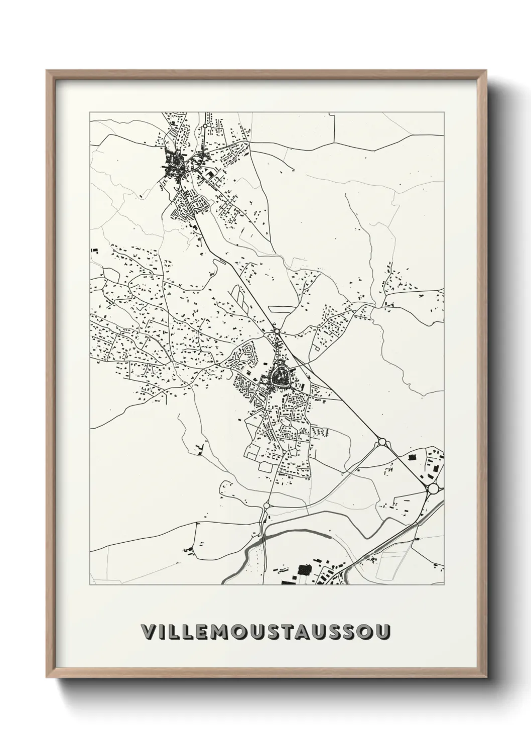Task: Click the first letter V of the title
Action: pyautogui.click(x=148, y=633)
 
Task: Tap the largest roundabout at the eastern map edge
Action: pyautogui.click(x=433, y=488)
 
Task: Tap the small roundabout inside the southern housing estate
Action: pyautogui.click(x=285, y=452)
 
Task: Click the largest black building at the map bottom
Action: pyautogui.click(x=303, y=570)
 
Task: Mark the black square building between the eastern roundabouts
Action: pyautogui.click(x=414, y=457)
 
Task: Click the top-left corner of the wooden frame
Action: pyautogui.click(x=47, y=71)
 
